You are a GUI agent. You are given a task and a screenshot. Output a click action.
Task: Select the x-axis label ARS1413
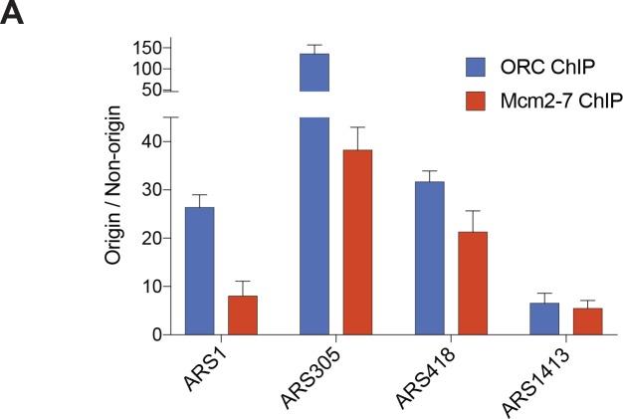point(536,378)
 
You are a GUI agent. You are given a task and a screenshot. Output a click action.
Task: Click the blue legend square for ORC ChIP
point(477,67)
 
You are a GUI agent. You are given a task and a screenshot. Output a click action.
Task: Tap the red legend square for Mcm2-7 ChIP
point(477,100)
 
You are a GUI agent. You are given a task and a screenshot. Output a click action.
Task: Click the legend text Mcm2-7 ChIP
point(543,100)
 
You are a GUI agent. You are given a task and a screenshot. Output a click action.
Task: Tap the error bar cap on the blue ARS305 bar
point(313,45)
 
